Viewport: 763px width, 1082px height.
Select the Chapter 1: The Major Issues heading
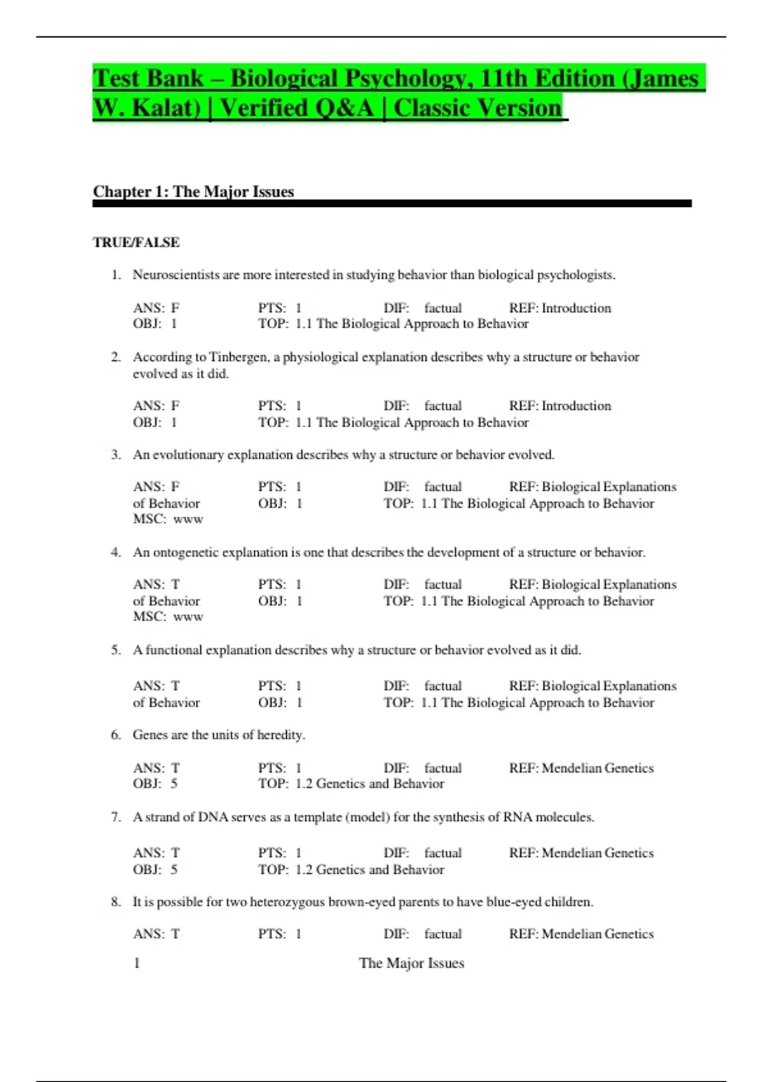[193, 192]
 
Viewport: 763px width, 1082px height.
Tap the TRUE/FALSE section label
[136, 242]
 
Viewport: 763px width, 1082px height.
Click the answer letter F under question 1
[175, 308]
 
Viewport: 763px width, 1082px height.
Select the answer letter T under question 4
[175, 584]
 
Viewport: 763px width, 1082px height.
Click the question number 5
[115, 650]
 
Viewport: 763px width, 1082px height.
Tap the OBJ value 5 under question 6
[174, 783]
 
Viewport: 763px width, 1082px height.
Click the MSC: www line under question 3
[168, 519]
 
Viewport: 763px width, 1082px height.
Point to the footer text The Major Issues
[411, 963]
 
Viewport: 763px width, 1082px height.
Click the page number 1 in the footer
[137, 963]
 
